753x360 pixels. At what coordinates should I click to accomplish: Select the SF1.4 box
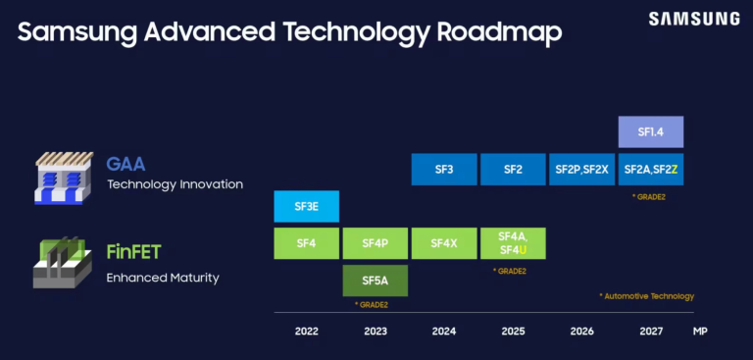[x=650, y=131]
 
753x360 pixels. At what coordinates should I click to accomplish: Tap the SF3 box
[x=443, y=170]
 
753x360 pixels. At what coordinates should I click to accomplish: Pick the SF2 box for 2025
[x=513, y=170]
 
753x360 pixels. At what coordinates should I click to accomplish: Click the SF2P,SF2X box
[x=580, y=170]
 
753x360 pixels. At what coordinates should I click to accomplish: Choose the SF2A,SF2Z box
[x=650, y=170]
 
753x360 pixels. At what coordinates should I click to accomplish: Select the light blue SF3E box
[x=306, y=207]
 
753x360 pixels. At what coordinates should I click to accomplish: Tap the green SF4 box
[x=306, y=242]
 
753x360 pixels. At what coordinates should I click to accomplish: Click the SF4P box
[x=376, y=242]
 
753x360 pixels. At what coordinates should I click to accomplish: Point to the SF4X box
[x=443, y=242]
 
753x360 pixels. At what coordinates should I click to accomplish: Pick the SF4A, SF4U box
[x=513, y=242]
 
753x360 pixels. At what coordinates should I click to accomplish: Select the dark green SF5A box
[x=376, y=281]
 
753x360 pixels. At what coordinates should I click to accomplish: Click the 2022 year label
[x=306, y=332]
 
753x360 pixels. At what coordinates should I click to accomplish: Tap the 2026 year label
[x=581, y=332]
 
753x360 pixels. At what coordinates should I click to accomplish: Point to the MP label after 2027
[x=700, y=332]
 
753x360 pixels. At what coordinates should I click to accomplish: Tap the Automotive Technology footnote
[x=646, y=295]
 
